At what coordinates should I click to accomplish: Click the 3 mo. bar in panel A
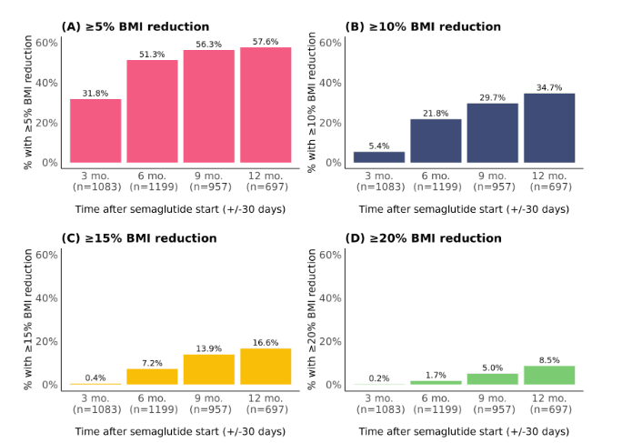tap(95, 131)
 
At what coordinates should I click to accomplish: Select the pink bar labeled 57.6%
tap(266, 106)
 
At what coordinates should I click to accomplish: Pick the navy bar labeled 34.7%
tap(549, 128)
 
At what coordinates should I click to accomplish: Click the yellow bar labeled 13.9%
tap(209, 369)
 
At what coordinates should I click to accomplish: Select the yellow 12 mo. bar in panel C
tap(266, 367)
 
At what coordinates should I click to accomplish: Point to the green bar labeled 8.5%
tap(549, 375)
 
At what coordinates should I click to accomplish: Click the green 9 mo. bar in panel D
tap(493, 378)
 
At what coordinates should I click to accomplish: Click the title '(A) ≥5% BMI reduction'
tap(135, 26)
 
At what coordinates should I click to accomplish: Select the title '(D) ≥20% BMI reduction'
tap(424, 238)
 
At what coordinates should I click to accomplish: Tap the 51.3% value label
tap(152, 55)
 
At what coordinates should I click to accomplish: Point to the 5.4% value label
tap(379, 146)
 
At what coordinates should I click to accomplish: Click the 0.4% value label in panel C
tap(95, 378)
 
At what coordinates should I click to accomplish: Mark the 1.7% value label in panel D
tap(436, 375)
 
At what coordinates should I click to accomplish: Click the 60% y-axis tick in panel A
tap(47, 42)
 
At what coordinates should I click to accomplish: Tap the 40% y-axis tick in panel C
tap(47, 297)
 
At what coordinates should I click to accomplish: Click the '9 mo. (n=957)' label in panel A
tap(209, 181)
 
